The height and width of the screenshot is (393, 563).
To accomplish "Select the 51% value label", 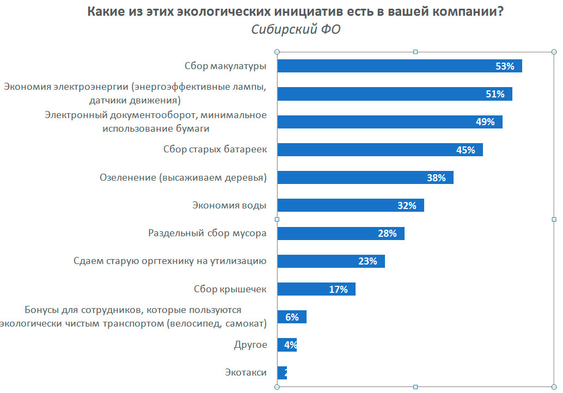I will tap(494, 94).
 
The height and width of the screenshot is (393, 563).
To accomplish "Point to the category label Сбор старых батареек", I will tap(215, 150).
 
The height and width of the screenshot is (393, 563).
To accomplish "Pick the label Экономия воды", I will tap(229, 205).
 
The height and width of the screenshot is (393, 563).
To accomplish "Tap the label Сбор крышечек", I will tap(230, 289).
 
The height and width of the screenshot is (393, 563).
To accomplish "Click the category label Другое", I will tap(250, 345).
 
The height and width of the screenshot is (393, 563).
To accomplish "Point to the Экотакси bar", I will tap(282, 373).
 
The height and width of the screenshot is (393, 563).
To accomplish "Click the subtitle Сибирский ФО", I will tap(296, 29).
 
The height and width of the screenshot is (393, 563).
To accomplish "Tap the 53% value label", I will tap(505, 66).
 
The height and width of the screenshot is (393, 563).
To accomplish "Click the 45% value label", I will tap(466, 150).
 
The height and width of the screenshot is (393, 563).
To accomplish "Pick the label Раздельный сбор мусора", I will tap(207, 234).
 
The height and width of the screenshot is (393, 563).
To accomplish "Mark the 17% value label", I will tap(338, 290).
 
